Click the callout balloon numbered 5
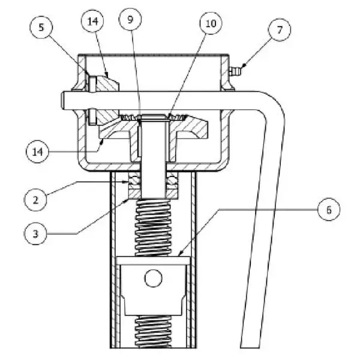41,28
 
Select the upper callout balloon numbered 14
92,21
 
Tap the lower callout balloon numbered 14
37,152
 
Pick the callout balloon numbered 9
130,19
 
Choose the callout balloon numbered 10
211,23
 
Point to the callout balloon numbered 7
280,30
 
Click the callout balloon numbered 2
35,200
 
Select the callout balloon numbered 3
35,234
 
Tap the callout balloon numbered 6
329,209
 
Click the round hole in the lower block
153,278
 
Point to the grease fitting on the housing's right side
235,71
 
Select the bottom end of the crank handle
250,346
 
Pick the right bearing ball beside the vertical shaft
172,180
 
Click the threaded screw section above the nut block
153,227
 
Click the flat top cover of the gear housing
154,55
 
